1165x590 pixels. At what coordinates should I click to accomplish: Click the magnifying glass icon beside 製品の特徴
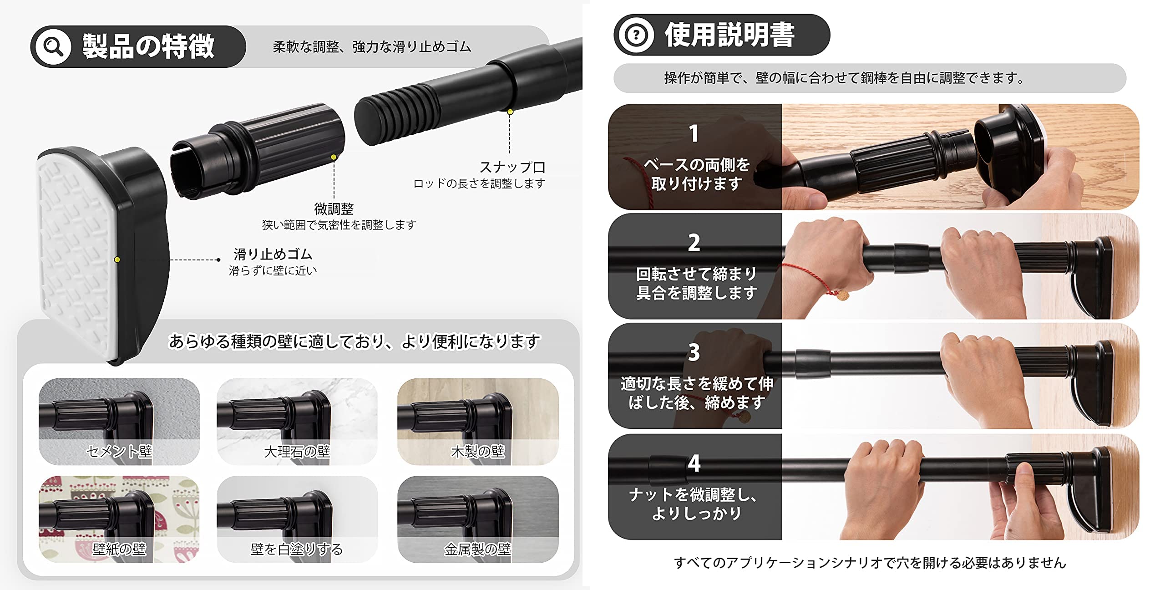click(x=53, y=46)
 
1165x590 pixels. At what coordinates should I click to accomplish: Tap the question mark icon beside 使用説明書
click(x=636, y=35)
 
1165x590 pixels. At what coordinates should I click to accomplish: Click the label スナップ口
click(x=512, y=167)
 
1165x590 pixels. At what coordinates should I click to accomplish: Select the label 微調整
click(x=334, y=209)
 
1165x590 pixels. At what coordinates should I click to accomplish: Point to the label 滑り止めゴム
click(x=273, y=254)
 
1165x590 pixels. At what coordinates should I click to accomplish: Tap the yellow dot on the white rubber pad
click(x=117, y=259)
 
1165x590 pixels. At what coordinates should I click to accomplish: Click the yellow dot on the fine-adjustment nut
click(x=334, y=157)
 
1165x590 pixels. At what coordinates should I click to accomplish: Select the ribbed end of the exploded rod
click(x=396, y=114)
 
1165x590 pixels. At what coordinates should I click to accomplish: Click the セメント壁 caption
click(x=119, y=451)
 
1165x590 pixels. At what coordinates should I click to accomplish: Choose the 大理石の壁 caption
click(x=297, y=451)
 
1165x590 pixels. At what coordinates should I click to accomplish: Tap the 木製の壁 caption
click(x=478, y=451)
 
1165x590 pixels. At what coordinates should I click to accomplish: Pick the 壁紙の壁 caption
click(x=119, y=549)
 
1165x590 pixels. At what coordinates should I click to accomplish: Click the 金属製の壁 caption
click(x=478, y=549)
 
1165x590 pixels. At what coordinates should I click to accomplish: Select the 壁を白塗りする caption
click(x=297, y=549)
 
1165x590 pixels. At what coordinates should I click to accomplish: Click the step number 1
click(x=694, y=133)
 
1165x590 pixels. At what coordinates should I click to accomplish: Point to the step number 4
click(x=694, y=463)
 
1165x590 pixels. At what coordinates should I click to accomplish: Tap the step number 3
click(x=694, y=352)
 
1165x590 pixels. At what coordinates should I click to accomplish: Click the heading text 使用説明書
click(x=729, y=35)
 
